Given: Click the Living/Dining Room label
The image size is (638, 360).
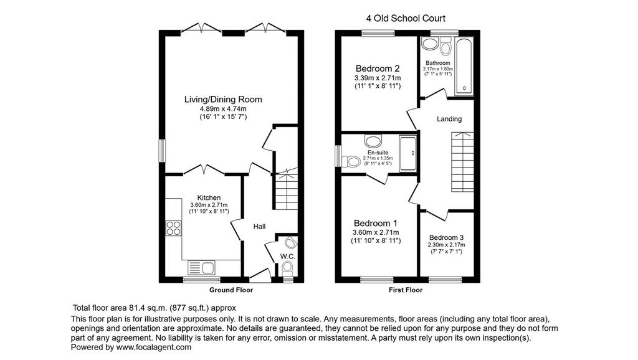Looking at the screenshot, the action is pyautogui.click(x=223, y=99).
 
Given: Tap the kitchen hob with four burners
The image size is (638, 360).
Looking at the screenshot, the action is pyautogui.click(x=174, y=228).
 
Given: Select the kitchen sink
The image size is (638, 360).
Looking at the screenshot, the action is pyautogui.click(x=201, y=268).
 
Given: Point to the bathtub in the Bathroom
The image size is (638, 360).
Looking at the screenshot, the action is pyautogui.click(x=464, y=67).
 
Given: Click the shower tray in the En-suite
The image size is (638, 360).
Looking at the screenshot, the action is pyautogui.click(x=407, y=153).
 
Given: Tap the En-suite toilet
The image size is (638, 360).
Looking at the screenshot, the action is pyautogui.click(x=351, y=161).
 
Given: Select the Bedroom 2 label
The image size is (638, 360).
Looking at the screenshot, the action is pyautogui.click(x=378, y=69).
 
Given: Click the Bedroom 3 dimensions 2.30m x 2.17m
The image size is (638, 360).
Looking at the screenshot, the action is pyautogui.click(x=446, y=245).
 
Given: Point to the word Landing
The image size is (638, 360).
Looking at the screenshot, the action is pyautogui.click(x=449, y=119).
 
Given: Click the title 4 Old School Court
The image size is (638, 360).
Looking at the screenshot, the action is pyautogui.click(x=406, y=18).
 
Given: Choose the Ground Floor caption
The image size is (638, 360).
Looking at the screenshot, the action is pyautogui.click(x=231, y=290).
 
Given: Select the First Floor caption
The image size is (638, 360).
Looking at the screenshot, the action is pyautogui.click(x=406, y=290).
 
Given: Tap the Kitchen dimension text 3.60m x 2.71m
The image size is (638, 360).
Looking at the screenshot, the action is pyautogui.click(x=209, y=205).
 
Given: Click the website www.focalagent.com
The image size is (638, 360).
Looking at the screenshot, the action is pyautogui.click(x=154, y=348).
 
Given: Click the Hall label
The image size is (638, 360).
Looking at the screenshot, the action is pyautogui.click(x=260, y=227).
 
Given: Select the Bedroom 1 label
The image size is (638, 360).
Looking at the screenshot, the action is pyautogui.click(x=376, y=223).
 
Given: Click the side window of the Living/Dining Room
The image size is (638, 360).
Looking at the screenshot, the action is pyautogui.click(x=162, y=151).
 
